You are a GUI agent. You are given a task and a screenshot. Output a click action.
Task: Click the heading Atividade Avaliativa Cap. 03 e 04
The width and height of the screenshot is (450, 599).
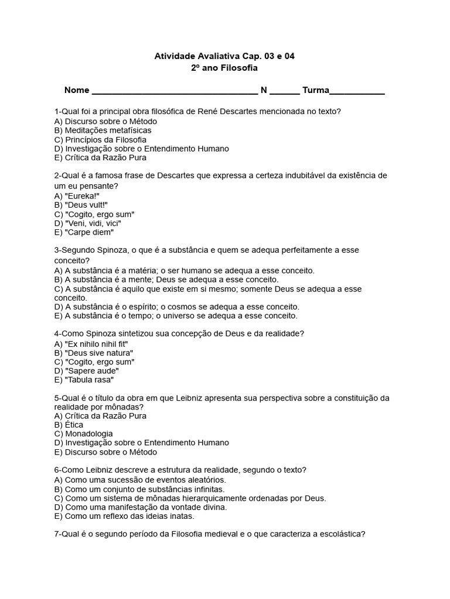click(224, 56)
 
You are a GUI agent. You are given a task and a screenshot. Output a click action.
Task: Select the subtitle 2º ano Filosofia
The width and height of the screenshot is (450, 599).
click(224, 68)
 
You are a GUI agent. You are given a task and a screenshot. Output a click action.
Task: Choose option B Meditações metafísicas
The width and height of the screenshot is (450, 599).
click(103, 130)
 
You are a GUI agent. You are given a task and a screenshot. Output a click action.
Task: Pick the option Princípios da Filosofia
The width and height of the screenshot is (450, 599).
click(100, 140)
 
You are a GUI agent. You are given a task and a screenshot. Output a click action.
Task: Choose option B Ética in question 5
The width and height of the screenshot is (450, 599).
click(69, 425)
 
